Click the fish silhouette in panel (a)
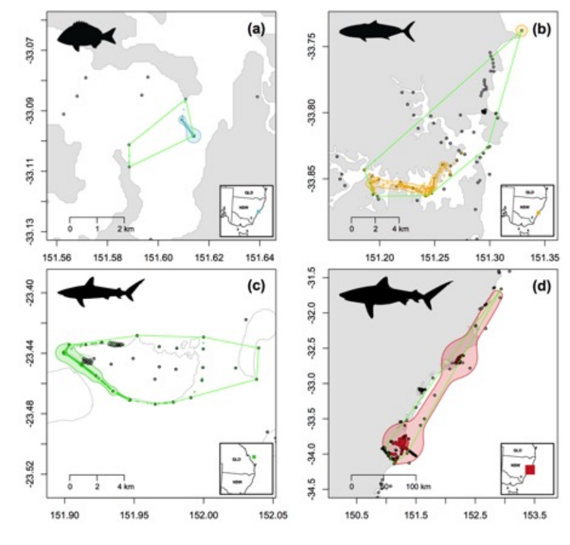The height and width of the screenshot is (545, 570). [86, 34]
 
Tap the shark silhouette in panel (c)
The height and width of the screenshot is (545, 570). [100, 290]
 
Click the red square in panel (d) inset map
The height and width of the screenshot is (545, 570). [530, 469]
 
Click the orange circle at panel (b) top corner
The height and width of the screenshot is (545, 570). [521, 31]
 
